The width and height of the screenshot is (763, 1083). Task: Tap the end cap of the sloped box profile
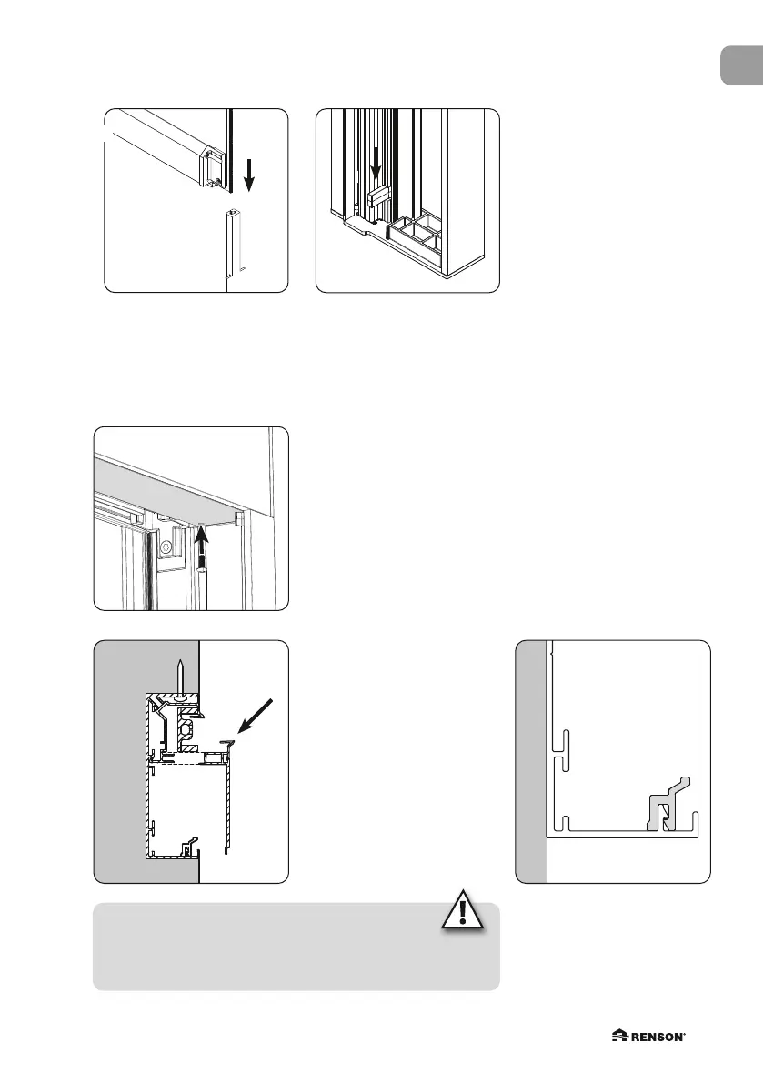click(213, 168)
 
